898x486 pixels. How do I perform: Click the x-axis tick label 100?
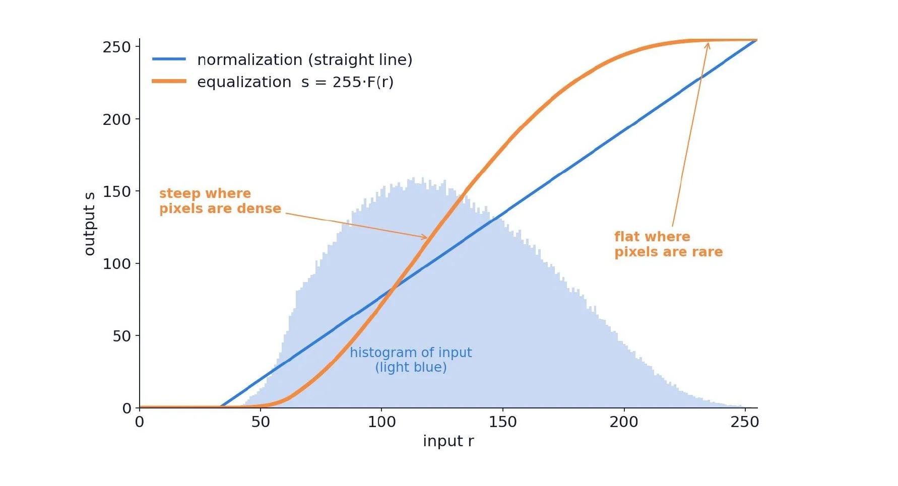381,422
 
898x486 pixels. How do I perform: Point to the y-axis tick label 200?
116,119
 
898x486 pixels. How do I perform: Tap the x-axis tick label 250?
744,422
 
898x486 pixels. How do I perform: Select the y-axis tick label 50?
121,336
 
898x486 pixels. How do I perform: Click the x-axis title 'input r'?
448,441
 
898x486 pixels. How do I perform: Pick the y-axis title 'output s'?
89,224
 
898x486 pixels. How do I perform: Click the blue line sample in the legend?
169,59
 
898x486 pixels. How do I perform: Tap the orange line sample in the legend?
169,81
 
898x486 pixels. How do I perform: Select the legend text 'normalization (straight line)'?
305,60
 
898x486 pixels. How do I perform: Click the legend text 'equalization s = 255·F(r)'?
295,82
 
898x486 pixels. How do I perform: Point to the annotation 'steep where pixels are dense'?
220,201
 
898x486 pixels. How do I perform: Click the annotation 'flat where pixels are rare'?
669,244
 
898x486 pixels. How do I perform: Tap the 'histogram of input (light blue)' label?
411,360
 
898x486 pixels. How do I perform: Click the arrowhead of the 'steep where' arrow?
425,237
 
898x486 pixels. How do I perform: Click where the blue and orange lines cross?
393,289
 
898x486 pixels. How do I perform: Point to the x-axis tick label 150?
502,422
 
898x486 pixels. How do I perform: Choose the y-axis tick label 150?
116,192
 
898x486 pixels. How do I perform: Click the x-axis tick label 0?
140,422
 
